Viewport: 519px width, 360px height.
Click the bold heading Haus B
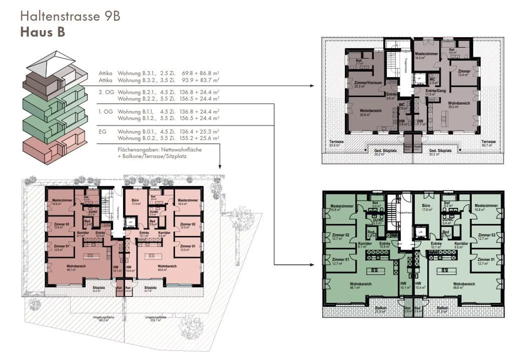pos(43,32)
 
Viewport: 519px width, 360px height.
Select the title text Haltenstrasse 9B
pos(70,16)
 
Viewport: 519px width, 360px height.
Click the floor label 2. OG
pos(106,92)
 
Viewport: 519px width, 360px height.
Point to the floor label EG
pos(103,132)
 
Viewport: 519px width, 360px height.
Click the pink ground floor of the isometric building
pos(54,148)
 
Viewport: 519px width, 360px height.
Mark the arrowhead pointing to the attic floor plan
pos(312,86)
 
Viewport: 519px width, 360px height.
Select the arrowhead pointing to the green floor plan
pos(312,265)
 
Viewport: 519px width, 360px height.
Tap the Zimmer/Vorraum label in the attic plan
pos(368,83)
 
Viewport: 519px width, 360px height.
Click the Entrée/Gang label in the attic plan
pos(435,91)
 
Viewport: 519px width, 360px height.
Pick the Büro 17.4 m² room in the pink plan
pos(135,201)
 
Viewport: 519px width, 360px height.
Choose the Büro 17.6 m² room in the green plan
pos(427,207)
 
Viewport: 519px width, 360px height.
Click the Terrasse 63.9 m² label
pos(336,143)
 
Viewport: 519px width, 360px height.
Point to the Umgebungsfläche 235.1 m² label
pos(156,319)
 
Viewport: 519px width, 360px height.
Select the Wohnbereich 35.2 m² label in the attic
pos(458,105)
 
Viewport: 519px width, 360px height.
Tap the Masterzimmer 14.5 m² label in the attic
pos(426,55)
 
